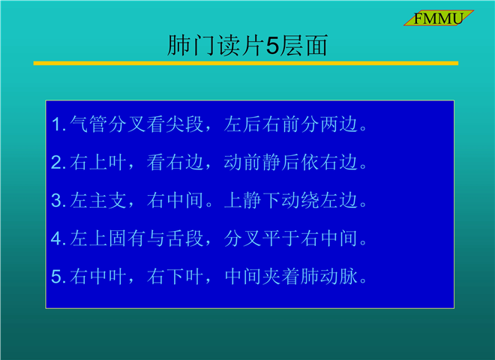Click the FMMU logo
[439, 18]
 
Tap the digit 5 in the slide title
[273, 46]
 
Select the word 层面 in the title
[304, 46]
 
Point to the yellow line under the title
[245, 63]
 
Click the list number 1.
[57, 124]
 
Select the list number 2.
[58, 162]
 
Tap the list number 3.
[58, 200]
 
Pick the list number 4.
[58, 238]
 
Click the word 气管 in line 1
[88, 124]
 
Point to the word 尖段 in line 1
[184, 124]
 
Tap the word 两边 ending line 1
[339, 124]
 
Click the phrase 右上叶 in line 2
[98, 162]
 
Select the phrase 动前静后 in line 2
[262, 162]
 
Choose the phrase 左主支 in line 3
[98, 200]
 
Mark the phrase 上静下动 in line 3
[262, 200]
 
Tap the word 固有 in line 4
[127, 238]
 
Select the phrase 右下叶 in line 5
[175, 276]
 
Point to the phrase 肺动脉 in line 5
[329, 276]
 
